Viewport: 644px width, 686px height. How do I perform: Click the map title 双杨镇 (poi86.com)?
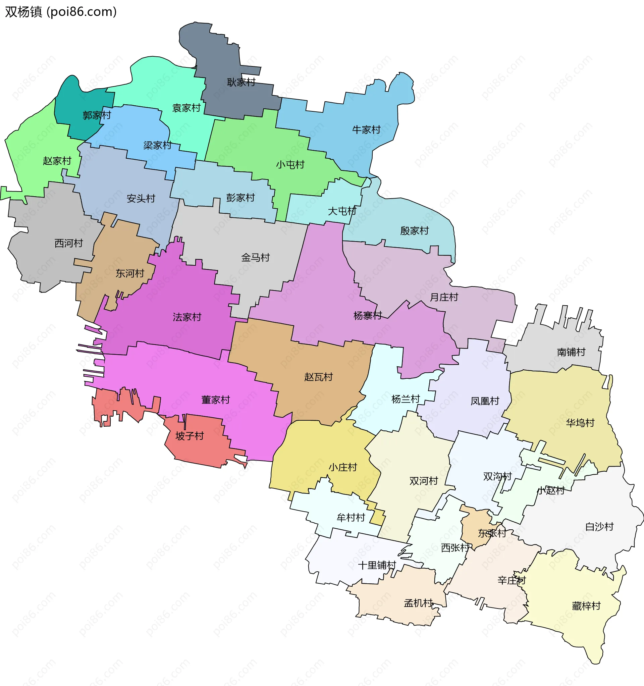[x=61, y=12]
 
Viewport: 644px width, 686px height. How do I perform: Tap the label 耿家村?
[x=241, y=82]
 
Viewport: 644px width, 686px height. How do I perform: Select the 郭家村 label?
[x=97, y=115]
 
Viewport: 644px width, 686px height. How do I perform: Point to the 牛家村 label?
[x=366, y=130]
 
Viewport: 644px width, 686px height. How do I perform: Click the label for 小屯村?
[x=290, y=165]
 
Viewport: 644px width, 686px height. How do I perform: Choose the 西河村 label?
[x=69, y=243]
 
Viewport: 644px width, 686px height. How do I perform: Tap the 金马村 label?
[x=255, y=257]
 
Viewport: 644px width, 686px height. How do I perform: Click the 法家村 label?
[x=187, y=317]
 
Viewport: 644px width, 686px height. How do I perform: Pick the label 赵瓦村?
[x=318, y=377]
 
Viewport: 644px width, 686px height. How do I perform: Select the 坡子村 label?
[x=190, y=436]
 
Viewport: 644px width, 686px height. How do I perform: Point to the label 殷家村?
[x=414, y=231]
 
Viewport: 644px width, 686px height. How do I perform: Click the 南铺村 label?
[x=571, y=352]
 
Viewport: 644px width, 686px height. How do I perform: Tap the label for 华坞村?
[x=580, y=423]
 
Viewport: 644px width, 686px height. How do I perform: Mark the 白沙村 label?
[x=599, y=527]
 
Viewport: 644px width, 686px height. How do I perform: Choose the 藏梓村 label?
[x=586, y=606]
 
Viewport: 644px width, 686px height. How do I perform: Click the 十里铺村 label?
[x=377, y=565]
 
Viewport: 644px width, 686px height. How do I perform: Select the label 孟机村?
[x=418, y=603]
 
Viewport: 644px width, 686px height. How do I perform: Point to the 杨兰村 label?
[x=406, y=399]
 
